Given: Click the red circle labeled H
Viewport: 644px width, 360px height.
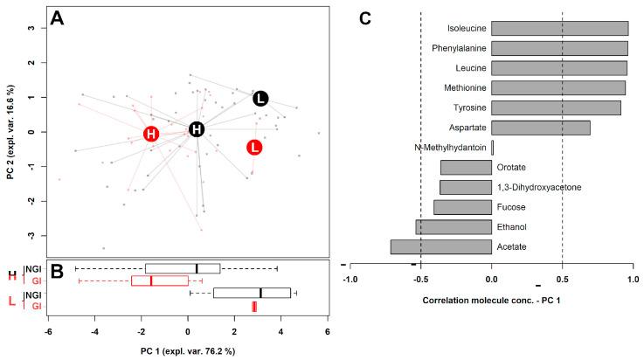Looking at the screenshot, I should point(151,134).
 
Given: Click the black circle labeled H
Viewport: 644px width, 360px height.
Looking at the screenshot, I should point(197,129).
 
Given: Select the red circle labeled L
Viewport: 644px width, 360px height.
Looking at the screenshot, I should point(254,147).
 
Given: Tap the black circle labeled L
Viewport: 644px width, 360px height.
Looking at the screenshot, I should point(261,99).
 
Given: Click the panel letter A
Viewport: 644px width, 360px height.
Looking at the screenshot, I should point(57,18).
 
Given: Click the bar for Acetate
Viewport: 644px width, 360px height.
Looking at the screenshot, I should point(440,247).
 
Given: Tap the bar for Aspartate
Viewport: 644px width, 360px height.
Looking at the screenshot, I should point(540,128).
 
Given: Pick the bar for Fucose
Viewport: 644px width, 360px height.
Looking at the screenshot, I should point(462,207).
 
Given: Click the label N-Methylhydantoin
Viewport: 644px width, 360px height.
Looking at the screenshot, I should point(451,148).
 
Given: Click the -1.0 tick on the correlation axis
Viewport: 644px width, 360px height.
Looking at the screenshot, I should point(350,280).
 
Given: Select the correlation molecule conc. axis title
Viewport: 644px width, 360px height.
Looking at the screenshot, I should point(490,300).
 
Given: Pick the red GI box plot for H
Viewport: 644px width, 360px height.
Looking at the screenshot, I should point(159,280).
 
